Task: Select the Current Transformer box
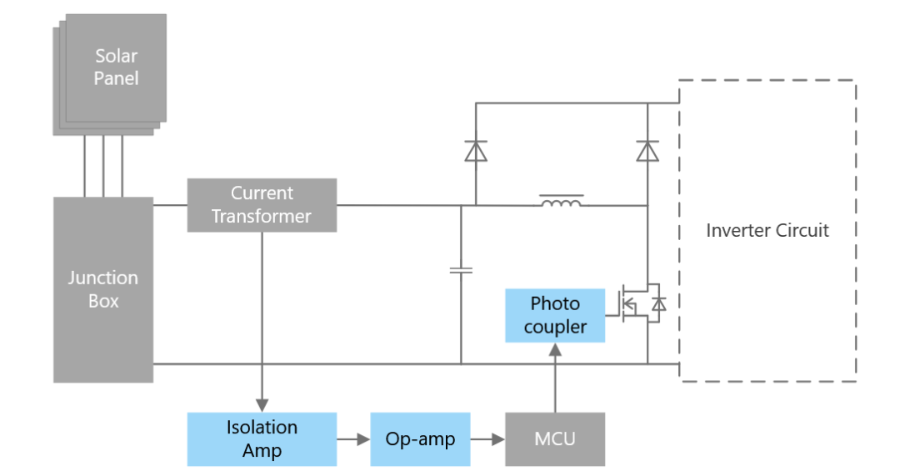click(262, 205)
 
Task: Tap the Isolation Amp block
click(262, 439)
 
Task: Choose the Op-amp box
click(420, 439)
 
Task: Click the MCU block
click(555, 439)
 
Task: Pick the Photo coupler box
click(555, 315)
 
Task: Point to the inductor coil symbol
click(562, 203)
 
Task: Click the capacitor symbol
click(461, 270)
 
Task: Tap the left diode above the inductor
click(476, 151)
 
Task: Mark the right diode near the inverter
click(647, 151)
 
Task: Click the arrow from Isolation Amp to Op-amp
click(353, 439)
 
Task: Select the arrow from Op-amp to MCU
click(487, 439)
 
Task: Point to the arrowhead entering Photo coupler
click(555, 350)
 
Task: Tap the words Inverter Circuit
click(767, 230)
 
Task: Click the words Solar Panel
click(116, 68)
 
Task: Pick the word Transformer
click(262, 217)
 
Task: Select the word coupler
click(555, 327)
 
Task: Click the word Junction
click(103, 278)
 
